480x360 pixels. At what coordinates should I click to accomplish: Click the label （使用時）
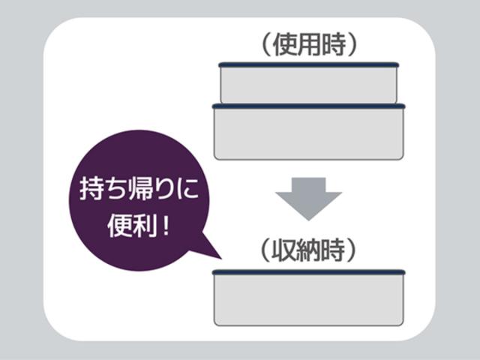click(309, 45)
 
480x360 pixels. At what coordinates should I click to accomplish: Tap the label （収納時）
click(308, 250)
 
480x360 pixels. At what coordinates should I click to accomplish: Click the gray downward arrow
click(308, 199)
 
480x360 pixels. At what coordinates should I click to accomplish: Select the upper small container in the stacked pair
click(308, 82)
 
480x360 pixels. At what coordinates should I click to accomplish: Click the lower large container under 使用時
click(308, 132)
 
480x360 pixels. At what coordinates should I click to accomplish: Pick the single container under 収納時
click(308, 298)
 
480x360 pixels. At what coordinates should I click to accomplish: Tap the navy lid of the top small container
click(308, 64)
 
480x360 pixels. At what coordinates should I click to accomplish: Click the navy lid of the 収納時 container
click(308, 272)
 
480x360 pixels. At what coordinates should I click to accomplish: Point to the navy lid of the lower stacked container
click(308, 106)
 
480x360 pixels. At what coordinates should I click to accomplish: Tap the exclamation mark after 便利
click(166, 225)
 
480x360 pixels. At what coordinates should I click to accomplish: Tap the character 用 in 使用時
click(309, 45)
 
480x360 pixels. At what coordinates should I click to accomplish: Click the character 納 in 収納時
click(308, 250)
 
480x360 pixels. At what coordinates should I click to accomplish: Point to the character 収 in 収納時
click(283, 250)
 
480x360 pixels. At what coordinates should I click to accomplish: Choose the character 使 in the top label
click(285, 45)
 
